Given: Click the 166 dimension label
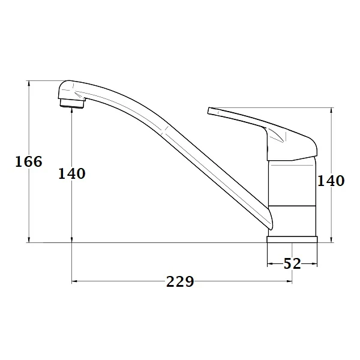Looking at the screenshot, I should [28, 161].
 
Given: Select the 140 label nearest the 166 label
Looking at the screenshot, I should [71, 173].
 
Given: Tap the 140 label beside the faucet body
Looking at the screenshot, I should [331, 180].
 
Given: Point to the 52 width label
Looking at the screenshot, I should [292, 263].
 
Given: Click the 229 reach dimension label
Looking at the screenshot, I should [180, 281].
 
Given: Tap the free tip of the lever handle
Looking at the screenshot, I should [210, 111].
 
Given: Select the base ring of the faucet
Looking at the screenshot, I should [292, 239].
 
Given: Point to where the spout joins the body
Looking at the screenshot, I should [268, 222].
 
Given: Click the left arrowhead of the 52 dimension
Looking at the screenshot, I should [269, 263].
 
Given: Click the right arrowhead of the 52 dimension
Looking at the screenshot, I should [314, 263].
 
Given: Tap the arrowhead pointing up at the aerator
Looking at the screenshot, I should [72, 114].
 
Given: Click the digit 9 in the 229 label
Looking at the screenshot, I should [189, 281].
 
